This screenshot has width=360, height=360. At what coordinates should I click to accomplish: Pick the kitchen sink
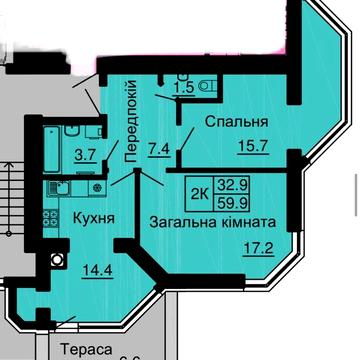click(57, 187)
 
